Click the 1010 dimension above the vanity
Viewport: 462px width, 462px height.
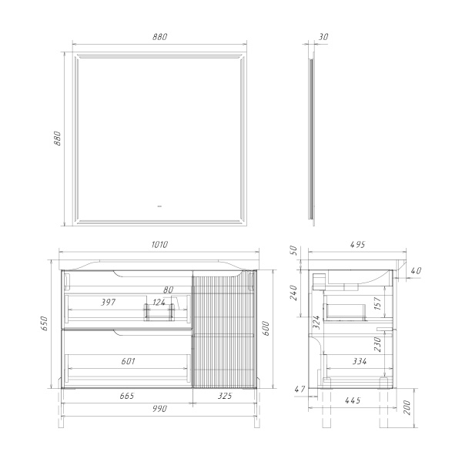(159, 245)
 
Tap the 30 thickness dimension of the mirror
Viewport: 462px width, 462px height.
(323, 37)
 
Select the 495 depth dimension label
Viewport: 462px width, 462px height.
(358, 245)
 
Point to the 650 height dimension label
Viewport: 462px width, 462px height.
(44, 323)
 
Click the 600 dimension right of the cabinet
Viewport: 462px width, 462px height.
(266, 329)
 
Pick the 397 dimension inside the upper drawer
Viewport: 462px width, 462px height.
(108, 303)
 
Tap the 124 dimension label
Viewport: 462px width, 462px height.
(159, 303)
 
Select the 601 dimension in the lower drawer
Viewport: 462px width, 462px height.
(128, 361)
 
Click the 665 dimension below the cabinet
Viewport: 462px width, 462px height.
(127, 396)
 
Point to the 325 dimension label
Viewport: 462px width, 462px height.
(225, 396)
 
